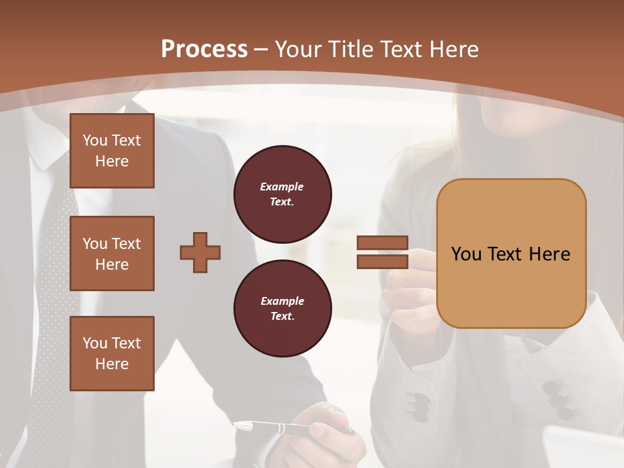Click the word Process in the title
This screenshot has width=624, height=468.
(204, 49)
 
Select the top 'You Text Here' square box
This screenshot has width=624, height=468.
(112, 151)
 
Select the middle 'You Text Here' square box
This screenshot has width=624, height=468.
(112, 253)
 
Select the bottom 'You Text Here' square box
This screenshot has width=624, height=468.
(112, 354)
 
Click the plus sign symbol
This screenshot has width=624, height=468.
(200, 252)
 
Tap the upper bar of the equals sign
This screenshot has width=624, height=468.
(382, 243)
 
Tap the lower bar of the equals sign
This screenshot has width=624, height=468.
(382, 261)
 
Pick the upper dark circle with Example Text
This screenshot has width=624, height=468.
(282, 194)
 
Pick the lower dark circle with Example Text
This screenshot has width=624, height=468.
(282, 309)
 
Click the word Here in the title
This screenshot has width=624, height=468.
(453, 49)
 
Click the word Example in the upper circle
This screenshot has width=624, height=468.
(281, 187)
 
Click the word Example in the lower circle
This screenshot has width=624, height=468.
(281, 301)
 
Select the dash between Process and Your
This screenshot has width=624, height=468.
(261, 49)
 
